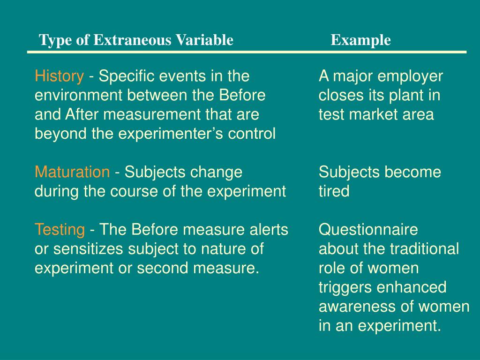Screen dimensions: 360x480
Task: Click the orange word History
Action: click(59, 76)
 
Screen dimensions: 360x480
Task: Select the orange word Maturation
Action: click(72, 172)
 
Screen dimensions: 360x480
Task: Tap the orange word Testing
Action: click(60, 230)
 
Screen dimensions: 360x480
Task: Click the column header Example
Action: click(360, 40)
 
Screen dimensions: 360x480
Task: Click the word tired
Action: click(334, 191)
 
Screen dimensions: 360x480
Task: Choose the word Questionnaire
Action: click(368, 230)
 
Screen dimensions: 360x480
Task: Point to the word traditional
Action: click(424, 249)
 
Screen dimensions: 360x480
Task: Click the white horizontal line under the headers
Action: click(247, 52)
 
